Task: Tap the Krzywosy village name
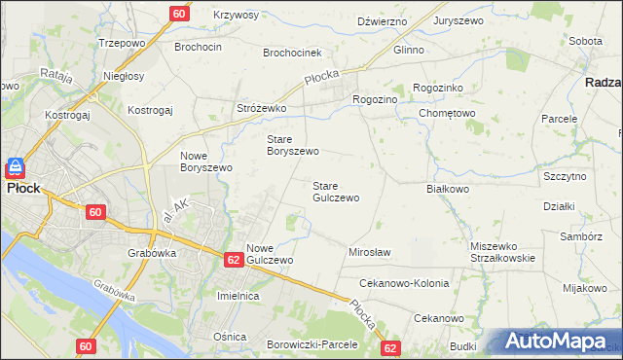tap(236, 16)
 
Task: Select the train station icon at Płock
tap(16, 167)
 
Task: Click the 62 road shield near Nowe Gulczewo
tap(233, 260)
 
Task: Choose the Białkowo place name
tap(449, 189)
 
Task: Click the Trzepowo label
tap(123, 44)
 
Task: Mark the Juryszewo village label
tap(459, 19)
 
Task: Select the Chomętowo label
tap(446, 113)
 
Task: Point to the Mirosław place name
tap(369, 252)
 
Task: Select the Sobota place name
tap(584, 42)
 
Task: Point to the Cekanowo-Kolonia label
tap(404, 283)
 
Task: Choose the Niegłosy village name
tap(124, 76)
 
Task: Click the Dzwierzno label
tap(381, 19)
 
